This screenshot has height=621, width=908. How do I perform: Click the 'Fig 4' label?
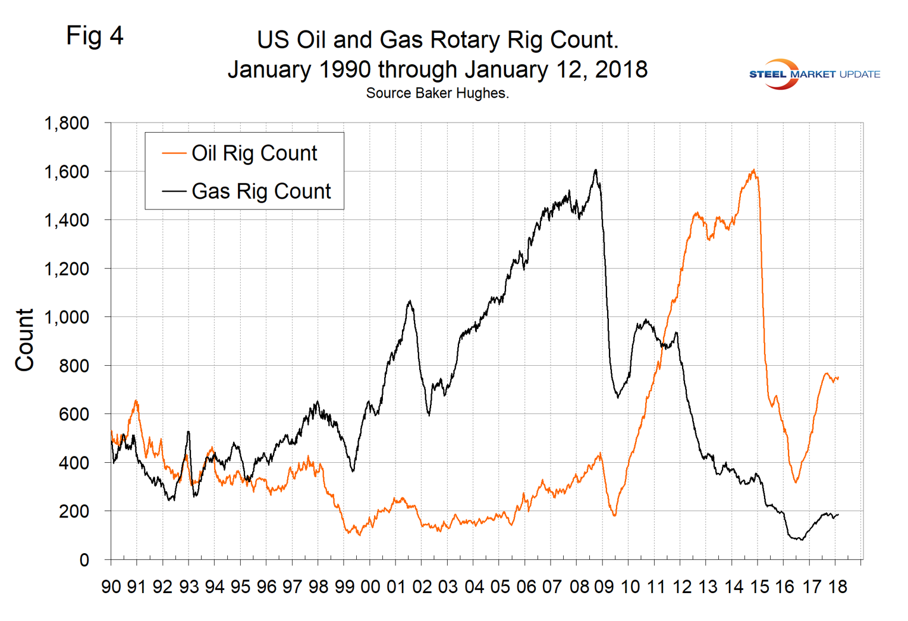(x=95, y=36)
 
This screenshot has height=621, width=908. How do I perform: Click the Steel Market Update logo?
(x=814, y=74)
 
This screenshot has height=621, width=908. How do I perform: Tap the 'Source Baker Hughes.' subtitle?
(x=437, y=93)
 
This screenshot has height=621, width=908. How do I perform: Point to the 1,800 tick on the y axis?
(x=67, y=123)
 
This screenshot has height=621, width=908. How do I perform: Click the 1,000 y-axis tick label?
(x=67, y=317)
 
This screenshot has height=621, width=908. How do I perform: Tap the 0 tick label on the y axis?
(x=84, y=560)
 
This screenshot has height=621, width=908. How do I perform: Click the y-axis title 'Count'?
(x=25, y=340)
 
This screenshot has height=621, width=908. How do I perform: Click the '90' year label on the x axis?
(x=111, y=586)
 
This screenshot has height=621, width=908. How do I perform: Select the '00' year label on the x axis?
(x=370, y=586)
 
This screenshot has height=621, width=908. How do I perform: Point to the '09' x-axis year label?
(x=604, y=586)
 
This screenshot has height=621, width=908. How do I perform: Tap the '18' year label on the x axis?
(x=837, y=586)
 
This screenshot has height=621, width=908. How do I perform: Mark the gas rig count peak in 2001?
(x=410, y=302)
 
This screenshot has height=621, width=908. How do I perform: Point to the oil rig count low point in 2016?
(x=796, y=482)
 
